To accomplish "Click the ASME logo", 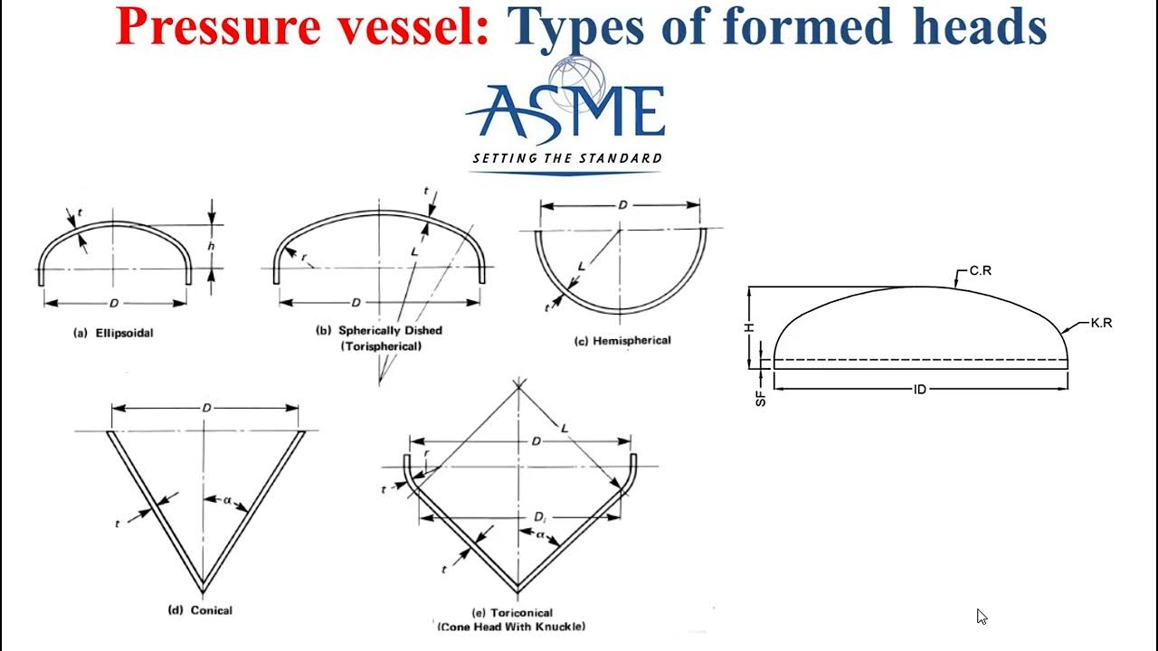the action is point(566,113).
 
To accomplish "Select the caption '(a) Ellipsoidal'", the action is point(113,333).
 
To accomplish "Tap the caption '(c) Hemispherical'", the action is point(622,341).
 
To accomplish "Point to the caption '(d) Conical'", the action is point(200,610).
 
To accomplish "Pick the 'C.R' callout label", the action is point(981,270).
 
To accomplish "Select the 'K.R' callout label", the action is point(1101,323).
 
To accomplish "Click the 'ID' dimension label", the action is point(920,390).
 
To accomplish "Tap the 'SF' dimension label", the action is point(761,396).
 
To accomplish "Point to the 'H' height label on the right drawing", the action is point(749,327).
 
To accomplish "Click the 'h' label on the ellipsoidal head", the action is point(211,246).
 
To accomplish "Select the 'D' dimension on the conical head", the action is point(206,409).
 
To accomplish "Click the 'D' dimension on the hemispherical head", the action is point(622,206).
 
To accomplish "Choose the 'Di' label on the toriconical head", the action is point(539,517).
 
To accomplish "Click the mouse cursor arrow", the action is point(982,617).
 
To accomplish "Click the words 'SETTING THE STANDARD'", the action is point(566,159).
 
